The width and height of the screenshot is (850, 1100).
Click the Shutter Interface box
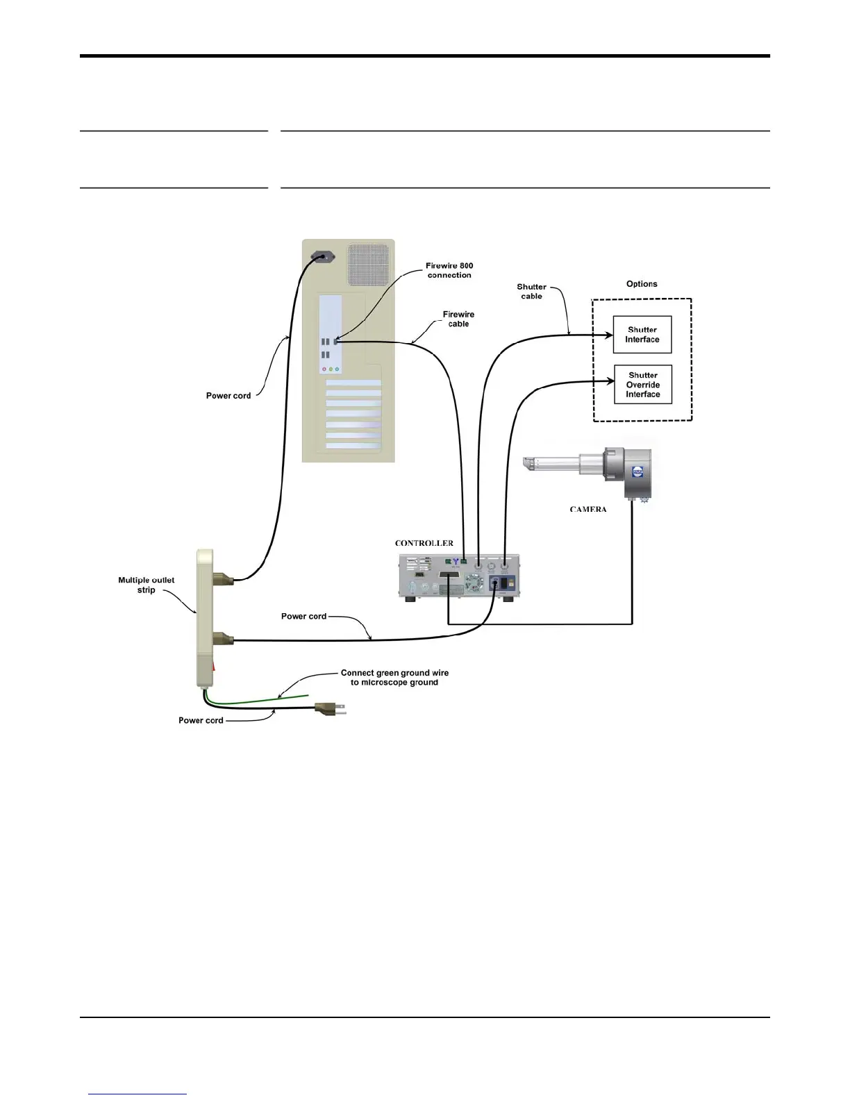coord(642,335)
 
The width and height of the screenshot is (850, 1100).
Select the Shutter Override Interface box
coord(642,385)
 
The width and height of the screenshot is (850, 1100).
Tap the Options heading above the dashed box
coord(642,284)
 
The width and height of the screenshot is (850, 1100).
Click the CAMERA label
coord(588,510)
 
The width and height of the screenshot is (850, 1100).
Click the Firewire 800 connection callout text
coord(449,271)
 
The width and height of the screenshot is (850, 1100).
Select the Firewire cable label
coord(458,319)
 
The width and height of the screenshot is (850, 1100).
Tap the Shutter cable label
coord(531,292)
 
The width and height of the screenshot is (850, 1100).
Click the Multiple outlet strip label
coord(146,585)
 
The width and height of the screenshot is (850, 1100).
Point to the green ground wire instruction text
coord(394,678)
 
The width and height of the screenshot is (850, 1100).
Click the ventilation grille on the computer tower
coord(368,264)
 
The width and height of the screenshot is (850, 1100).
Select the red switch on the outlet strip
coord(214,667)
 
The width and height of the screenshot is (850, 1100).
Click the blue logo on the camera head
coord(637,472)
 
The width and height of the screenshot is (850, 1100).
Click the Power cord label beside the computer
coord(228,396)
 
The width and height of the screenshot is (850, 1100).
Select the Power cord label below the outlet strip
coord(201,721)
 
